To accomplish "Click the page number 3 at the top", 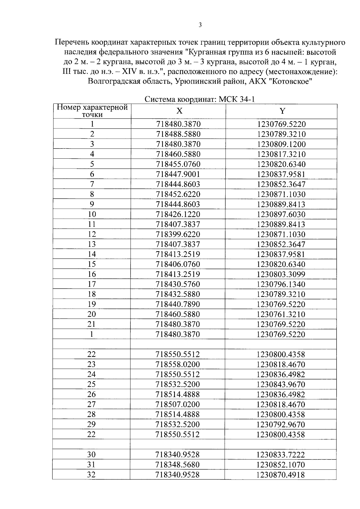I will [200, 25].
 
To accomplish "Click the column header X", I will [179, 111].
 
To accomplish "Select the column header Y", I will [282, 111].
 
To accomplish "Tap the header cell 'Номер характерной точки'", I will [92, 111].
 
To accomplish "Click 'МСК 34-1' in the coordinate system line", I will [237, 99].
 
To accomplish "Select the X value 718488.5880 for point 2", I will [178, 134].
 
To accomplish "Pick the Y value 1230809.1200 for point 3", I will [281, 144].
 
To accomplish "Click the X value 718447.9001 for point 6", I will [178, 174].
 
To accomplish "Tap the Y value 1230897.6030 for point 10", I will [281, 214].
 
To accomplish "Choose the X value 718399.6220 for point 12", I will [178, 234].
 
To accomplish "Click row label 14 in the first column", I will [92, 254].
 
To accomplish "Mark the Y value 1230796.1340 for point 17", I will [281, 284].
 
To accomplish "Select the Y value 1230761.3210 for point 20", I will [281, 314].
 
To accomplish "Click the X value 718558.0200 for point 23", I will [178, 364].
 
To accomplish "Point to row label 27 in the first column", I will [91, 404].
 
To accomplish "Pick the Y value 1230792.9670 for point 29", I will [281, 424].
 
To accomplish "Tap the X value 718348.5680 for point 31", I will [178, 465].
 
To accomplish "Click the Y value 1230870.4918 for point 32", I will [281, 475].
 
